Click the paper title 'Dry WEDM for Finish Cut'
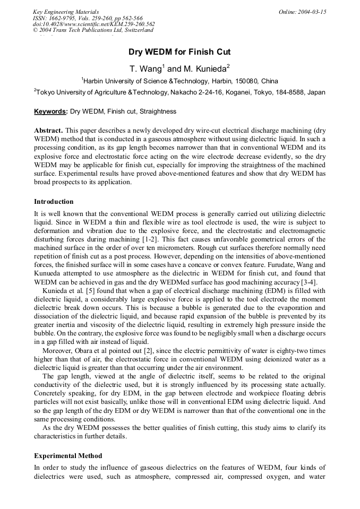pyautogui.click(x=179, y=52)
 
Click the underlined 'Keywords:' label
pyautogui.click(x=50, y=111)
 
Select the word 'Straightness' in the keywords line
pyautogui.click(x=158, y=111)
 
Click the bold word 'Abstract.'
pyautogui.click(x=48, y=130)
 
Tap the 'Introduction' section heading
pyautogui.click(x=54, y=202)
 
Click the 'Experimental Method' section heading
pyautogui.click(x=68, y=456)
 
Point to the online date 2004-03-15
pyautogui.click(x=312, y=12)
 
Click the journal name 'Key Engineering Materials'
pyautogui.click(x=66, y=12)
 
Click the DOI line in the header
pyautogui.click(x=94, y=24)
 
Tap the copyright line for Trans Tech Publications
pyautogui.click(x=93, y=30)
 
